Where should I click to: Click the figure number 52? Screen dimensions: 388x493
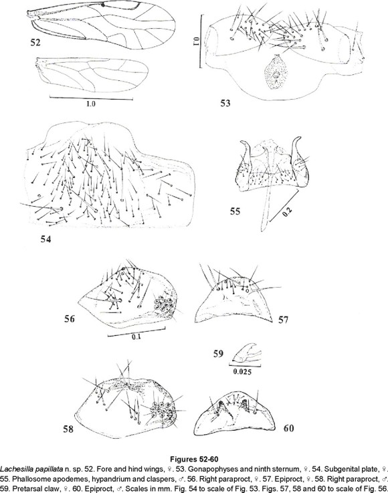pos(35,42)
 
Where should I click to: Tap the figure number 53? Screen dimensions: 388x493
pos(225,103)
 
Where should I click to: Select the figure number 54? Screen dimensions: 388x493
pos(46,239)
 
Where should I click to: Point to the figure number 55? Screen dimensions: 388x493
pos(235,211)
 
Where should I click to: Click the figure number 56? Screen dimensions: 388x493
pos(70,319)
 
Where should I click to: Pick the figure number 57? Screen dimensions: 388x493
pos(283,320)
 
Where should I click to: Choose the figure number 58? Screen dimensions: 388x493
pos(68,429)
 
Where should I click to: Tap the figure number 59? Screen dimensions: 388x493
pos(218,354)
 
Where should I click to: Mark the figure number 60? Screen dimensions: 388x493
pos(289,428)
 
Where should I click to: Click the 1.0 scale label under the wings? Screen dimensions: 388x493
pos(91,104)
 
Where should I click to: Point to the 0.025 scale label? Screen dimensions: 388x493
pos(242,372)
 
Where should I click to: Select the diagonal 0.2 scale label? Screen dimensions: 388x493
pos(287,213)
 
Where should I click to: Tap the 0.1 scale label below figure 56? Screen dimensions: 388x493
pos(136,337)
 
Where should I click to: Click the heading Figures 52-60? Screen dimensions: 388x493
pos(194,460)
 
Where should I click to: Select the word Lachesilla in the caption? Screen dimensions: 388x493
pos(14,470)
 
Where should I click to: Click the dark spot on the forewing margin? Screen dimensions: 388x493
pos(103,5)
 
